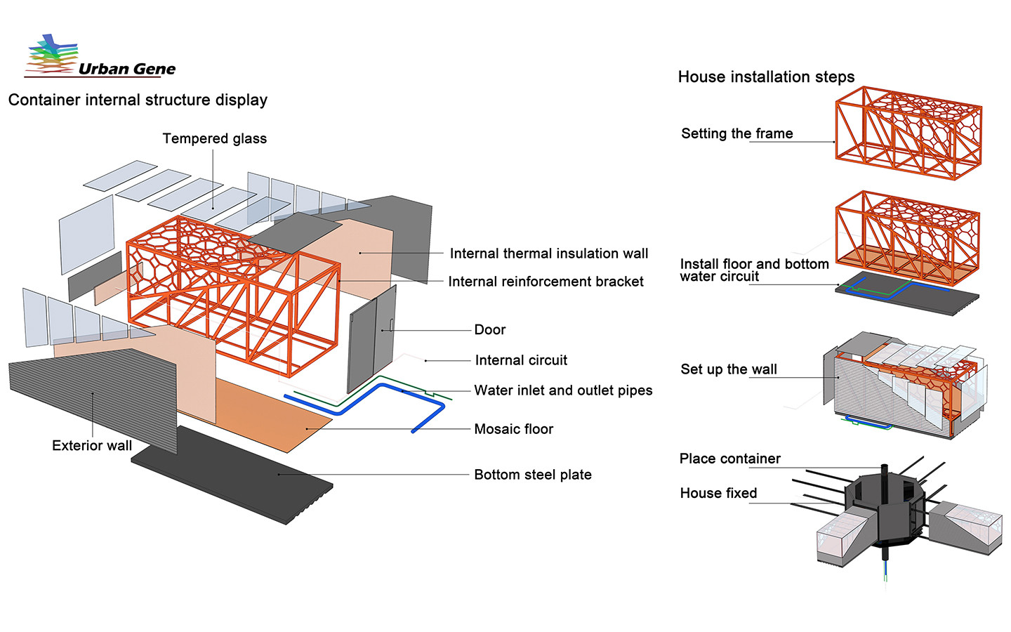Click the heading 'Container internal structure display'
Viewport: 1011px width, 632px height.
[138, 100]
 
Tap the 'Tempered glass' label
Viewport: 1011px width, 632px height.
[214, 138]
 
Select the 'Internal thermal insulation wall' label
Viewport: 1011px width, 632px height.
[548, 254]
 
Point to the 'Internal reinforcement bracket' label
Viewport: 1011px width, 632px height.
[546, 282]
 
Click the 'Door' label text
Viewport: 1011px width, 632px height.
[489, 330]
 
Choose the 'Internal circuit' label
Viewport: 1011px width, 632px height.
[521, 360]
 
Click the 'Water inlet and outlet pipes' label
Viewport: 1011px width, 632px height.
[563, 390]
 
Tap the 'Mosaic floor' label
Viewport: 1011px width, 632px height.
[513, 429]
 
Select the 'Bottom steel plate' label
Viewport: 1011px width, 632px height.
[532, 475]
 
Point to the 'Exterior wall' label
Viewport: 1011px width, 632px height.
[92, 445]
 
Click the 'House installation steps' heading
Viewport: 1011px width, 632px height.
[766, 77]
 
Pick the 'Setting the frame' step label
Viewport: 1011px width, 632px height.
[736, 133]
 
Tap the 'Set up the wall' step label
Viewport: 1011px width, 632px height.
[729, 369]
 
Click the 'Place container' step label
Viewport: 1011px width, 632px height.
[729, 459]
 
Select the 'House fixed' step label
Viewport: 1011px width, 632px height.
[718, 493]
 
